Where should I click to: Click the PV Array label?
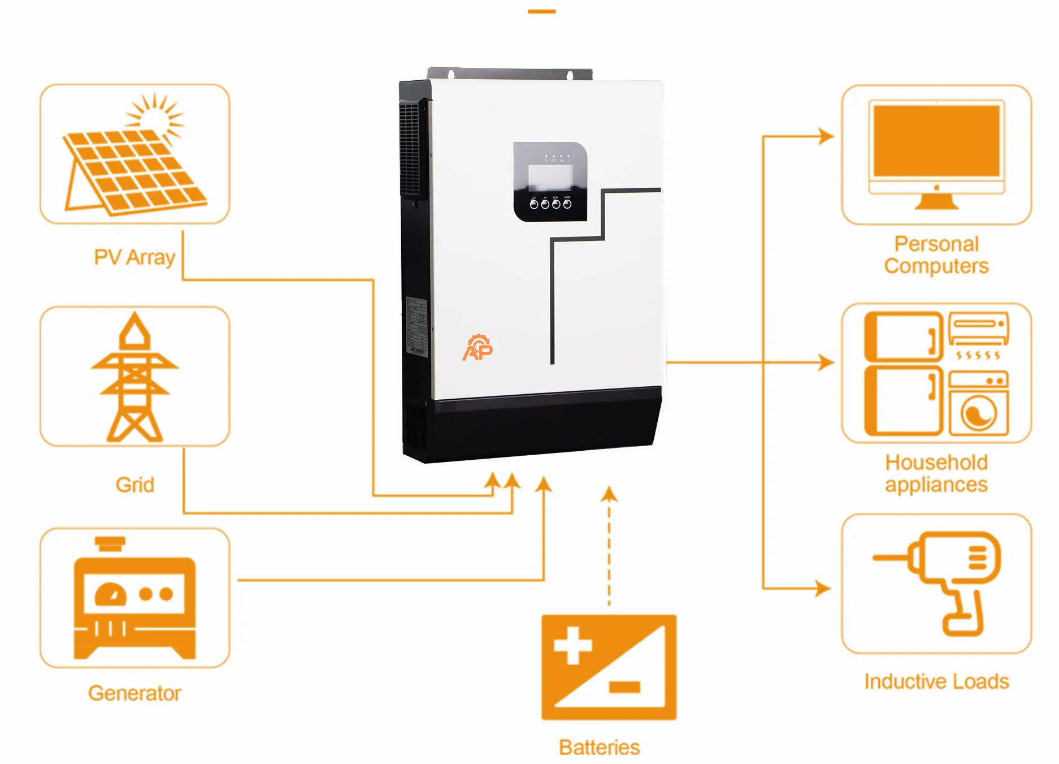[134, 257]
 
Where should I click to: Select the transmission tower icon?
[134, 377]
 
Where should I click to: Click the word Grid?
[134, 485]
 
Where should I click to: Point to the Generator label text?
[134, 693]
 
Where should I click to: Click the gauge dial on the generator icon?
[111, 595]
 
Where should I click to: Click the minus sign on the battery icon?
[624, 687]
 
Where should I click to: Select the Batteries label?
[599, 747]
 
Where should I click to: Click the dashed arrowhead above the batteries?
[609, 495]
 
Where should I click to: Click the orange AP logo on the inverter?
[478, 348]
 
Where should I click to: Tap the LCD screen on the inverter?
[550, 178]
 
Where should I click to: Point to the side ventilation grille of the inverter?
[410, 150]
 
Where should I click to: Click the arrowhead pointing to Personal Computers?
[826, 136]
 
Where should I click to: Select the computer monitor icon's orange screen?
[936, 141]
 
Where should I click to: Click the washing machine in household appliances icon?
[979, 404]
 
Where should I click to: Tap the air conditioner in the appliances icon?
[979, 329]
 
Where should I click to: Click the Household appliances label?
[936, 473]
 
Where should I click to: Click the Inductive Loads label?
[936, 681]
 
